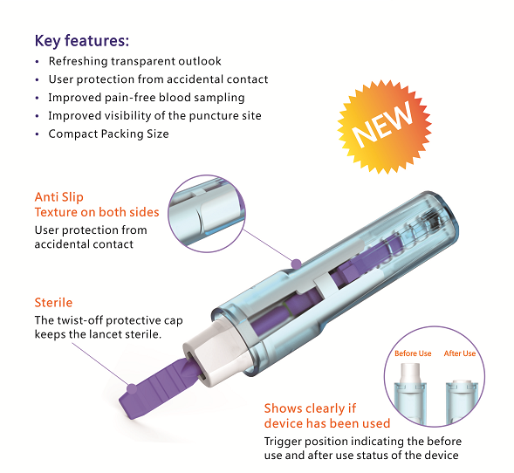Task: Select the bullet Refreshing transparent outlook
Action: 134,62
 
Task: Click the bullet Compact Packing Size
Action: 108,134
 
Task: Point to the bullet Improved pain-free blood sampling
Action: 146,98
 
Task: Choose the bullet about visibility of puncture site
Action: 154,115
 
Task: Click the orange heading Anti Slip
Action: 60,196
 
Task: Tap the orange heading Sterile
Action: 53,303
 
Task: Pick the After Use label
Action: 459,353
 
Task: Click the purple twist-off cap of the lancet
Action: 162,384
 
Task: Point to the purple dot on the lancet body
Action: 296,262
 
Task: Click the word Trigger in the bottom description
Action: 283,442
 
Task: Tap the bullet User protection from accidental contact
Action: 158,79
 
